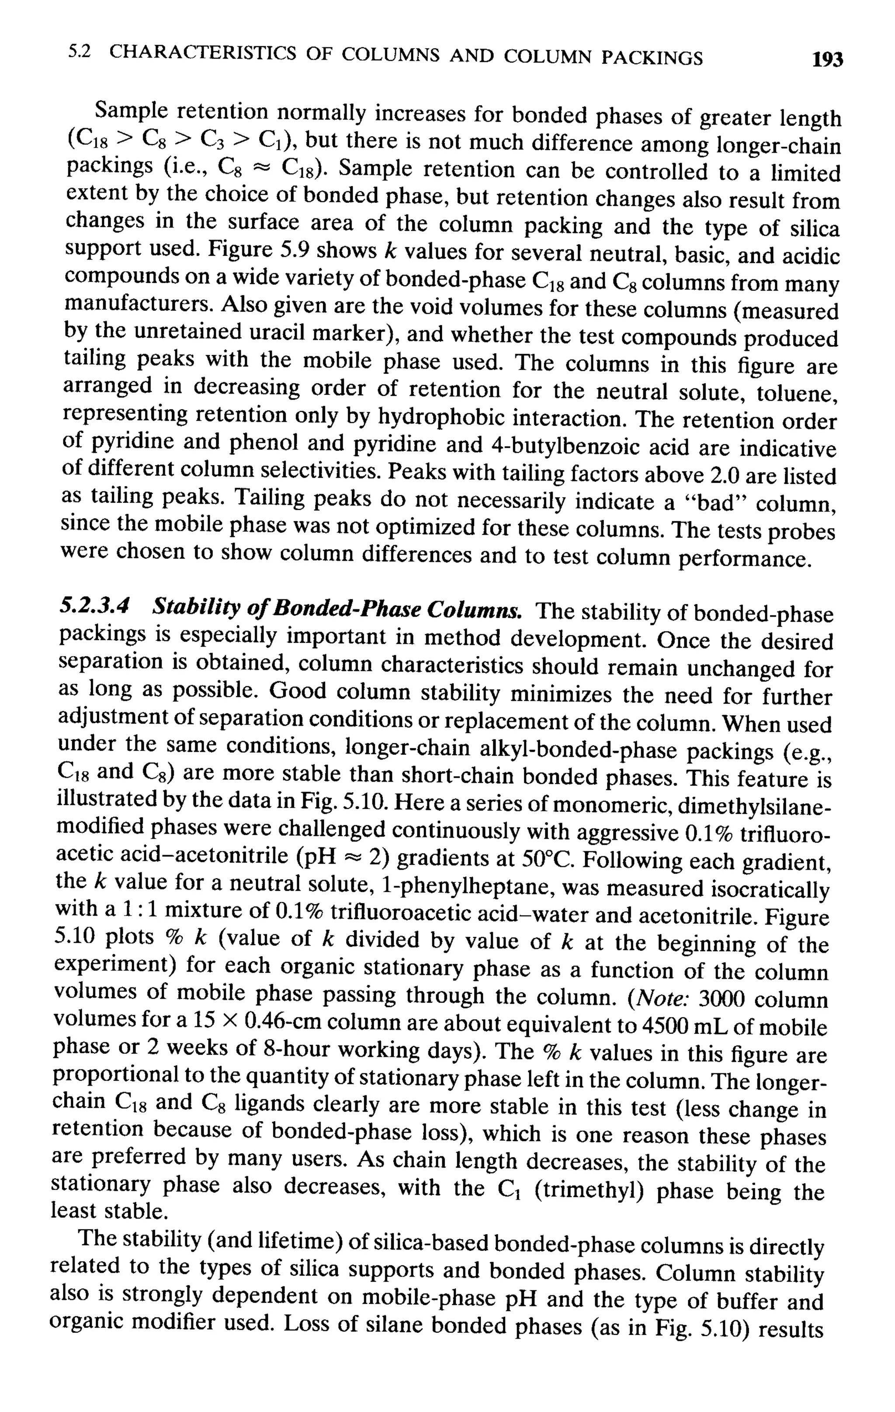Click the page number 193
tap(826, 60)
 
